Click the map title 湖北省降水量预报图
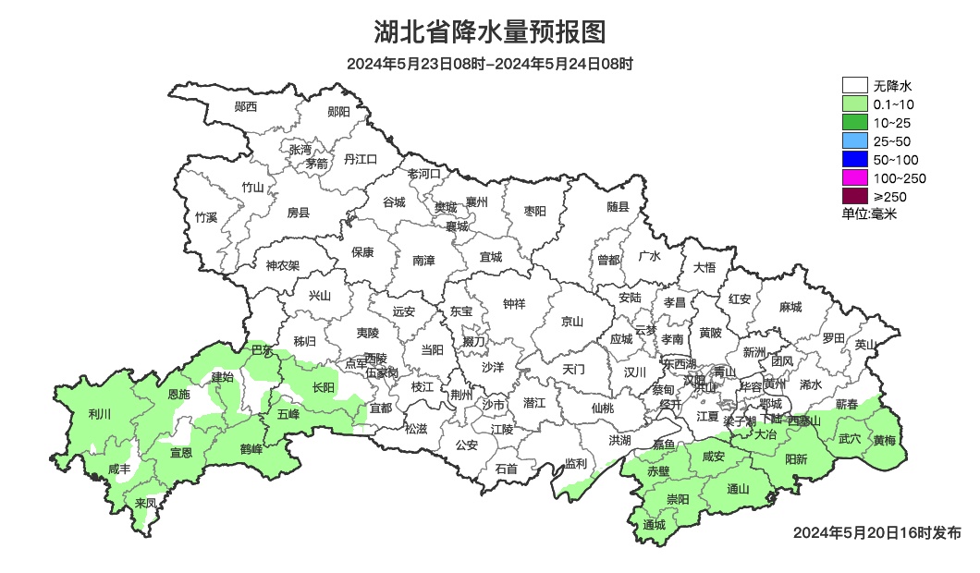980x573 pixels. coord(490,32)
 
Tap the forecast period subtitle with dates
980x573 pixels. coord(490,65)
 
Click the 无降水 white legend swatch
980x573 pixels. coord(854,86)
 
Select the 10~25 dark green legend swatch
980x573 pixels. coord(854,123)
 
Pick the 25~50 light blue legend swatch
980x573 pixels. coord(854,141)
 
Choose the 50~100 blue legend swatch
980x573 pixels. coord(854,160)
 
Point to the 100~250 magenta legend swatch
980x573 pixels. coord(854,178)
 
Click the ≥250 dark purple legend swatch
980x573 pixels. coord(854,196)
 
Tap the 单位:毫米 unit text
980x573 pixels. coord(869,214)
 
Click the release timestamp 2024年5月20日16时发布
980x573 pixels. coord(877,533)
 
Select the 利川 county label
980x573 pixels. coord(99,414)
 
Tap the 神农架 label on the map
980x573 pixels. coord(282,265)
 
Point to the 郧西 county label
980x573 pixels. coord(246,107)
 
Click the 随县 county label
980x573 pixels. coord(618,207)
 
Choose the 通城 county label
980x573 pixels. coord(654,525)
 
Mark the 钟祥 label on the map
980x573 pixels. coord(514,303)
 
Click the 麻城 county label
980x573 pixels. coord(790,307)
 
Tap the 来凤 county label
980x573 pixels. coord(145,504)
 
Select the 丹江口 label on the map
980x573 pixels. coord(361,159)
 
